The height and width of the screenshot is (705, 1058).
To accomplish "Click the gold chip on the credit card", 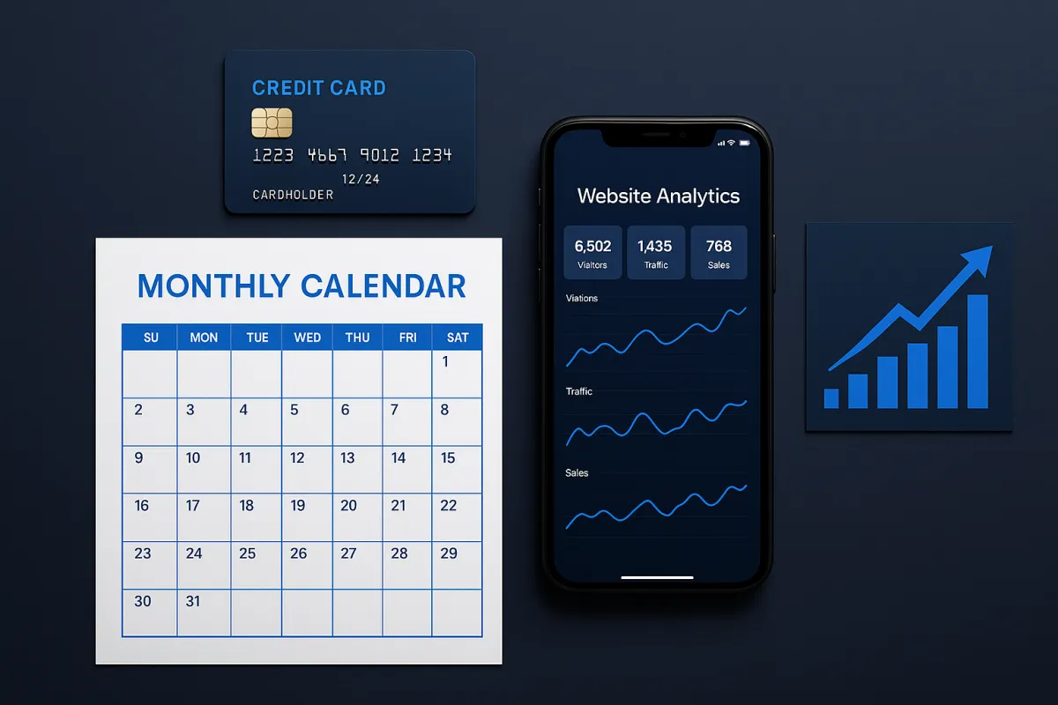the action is coord(272,122).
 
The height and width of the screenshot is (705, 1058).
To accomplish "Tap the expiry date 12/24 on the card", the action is coord(361,180).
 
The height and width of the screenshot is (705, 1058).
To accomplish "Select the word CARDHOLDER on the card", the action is coord(293,195).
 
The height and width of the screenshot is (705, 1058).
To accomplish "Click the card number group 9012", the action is coord(380,155).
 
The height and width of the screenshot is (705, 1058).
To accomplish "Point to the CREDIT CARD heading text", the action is coord(319,88).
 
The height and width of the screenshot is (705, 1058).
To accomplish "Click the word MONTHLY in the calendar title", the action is coord(213,286).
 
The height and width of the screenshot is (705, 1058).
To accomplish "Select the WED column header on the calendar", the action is coord(308,338).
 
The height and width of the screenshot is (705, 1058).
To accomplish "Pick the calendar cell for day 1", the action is coord(457,374).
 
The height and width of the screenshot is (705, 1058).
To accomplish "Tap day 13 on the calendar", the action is coord(358,470).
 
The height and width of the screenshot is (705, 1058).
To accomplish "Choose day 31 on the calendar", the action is coord(204,612).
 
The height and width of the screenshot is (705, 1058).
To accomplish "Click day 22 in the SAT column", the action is coord(457,517).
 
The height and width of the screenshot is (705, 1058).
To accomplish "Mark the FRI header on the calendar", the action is coord(407,338).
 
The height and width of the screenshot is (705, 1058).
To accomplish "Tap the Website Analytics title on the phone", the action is coord(658,196).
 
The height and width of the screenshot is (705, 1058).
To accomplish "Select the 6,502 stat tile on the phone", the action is coord(592,253).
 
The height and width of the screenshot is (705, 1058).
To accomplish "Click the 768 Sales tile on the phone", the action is coord(719,253).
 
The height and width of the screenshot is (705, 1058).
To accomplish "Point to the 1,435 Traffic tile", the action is coord(656,253).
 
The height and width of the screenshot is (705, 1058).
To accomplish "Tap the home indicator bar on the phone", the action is coord(657,577).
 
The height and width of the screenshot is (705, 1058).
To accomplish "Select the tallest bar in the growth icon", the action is coord(977,352).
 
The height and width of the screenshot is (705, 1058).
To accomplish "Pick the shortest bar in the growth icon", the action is coord(831,398).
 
